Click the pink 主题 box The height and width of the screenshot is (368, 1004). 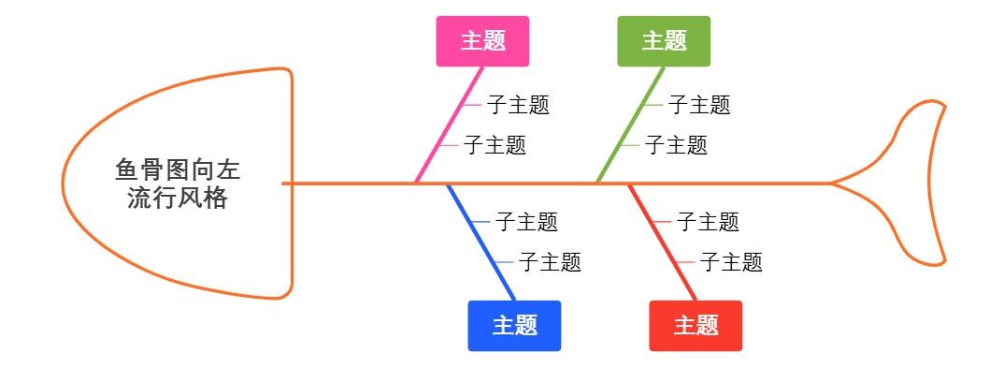(x=482, y=41)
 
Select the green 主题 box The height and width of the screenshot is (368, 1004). (x=664, y=41)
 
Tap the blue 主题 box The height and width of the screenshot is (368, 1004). (x=514, y=326)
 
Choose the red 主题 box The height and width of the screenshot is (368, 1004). (x=696, y=326)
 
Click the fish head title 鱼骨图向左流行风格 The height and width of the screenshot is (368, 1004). (x=178, y=184)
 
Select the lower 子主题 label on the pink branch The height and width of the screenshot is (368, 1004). (x=495, y=145)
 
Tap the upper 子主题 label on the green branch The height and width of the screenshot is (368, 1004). (x=699, y=105)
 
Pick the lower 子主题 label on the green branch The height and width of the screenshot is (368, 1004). (x=676, y=145)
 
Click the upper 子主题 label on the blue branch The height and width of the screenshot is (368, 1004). (x=526, y=222)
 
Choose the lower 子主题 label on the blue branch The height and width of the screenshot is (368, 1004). (x=550, y=262)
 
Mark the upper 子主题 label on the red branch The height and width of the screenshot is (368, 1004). (x=708, y=222)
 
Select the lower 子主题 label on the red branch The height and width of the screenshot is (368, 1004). (x=731, y=262)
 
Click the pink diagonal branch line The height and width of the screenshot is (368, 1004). (x=444, y=131)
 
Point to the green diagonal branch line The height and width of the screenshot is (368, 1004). (x=626, y=131)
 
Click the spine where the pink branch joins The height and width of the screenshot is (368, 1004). (x=416, y=184)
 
